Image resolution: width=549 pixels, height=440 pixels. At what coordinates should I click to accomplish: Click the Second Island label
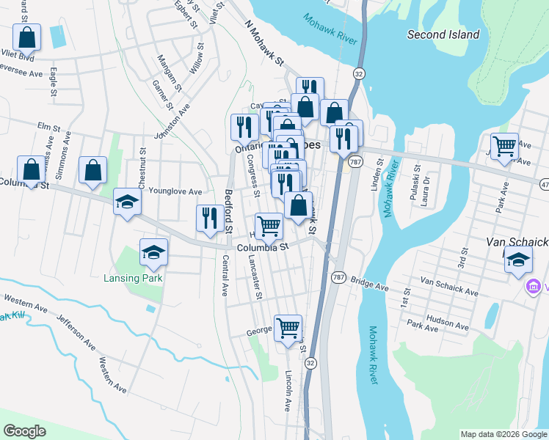(443, 34)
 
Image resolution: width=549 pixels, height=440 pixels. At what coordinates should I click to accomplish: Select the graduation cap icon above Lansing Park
(154, 253)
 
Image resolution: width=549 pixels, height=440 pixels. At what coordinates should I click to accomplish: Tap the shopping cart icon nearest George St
(288, 328)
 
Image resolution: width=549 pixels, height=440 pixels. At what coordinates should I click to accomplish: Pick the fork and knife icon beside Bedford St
(210, 218)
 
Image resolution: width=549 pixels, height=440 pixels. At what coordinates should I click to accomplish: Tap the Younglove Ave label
(175, 191)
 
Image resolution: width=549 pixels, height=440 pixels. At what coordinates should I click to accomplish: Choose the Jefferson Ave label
(76, 332)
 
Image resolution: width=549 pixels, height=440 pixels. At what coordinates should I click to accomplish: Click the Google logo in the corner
(24, 431)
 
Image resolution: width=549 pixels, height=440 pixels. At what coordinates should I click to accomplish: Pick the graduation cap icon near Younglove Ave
(127, 202)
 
